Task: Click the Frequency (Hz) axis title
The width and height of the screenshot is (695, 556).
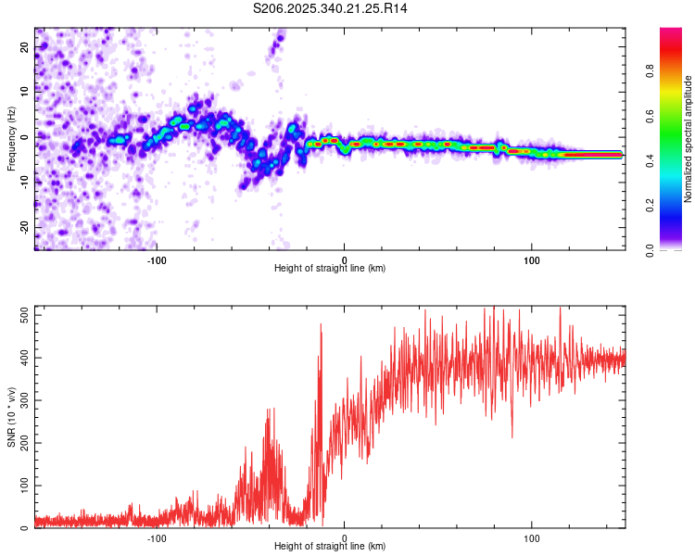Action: (11, 138)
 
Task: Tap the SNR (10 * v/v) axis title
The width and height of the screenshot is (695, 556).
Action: (11, 417)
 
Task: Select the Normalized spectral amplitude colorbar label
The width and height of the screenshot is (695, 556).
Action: (688, 139)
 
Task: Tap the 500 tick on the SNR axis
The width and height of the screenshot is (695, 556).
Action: (23, 315)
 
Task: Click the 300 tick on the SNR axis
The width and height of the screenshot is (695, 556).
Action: (23, 400)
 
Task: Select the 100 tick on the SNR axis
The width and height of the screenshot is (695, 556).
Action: (23, 486)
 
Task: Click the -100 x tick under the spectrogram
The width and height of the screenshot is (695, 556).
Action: (157, 259)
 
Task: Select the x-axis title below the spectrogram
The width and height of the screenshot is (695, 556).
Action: (330, 268)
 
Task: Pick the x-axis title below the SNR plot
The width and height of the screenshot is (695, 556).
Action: (330, 547)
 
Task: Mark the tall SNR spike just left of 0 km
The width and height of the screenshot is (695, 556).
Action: (321, 325)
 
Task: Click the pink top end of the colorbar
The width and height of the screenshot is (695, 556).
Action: (671, 32)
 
